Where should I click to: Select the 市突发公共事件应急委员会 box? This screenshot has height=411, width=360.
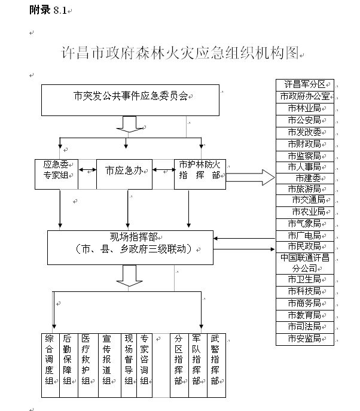pyautogui.click(x=130, y=99)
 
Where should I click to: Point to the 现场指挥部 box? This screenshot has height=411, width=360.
pyautogui.click(x=130, y=242)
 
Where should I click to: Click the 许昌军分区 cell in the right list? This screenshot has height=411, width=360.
pyautogui.click(x=304, y=84)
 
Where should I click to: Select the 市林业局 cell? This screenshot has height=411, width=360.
pyautogui.click(x=304, y=108)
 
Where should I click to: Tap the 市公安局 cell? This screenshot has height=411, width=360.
pyautogui.click(x=304, y=120)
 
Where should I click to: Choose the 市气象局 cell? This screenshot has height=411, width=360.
pyautogui.click(x=304, y=224)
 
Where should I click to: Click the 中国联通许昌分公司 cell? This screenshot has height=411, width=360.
pyautogui.click(x=304, y=263)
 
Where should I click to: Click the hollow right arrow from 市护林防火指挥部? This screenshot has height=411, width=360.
pyautogui.click(x=250, y=177)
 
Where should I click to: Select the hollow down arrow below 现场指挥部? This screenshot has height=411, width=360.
pyautogui.click(x=129, y=276)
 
